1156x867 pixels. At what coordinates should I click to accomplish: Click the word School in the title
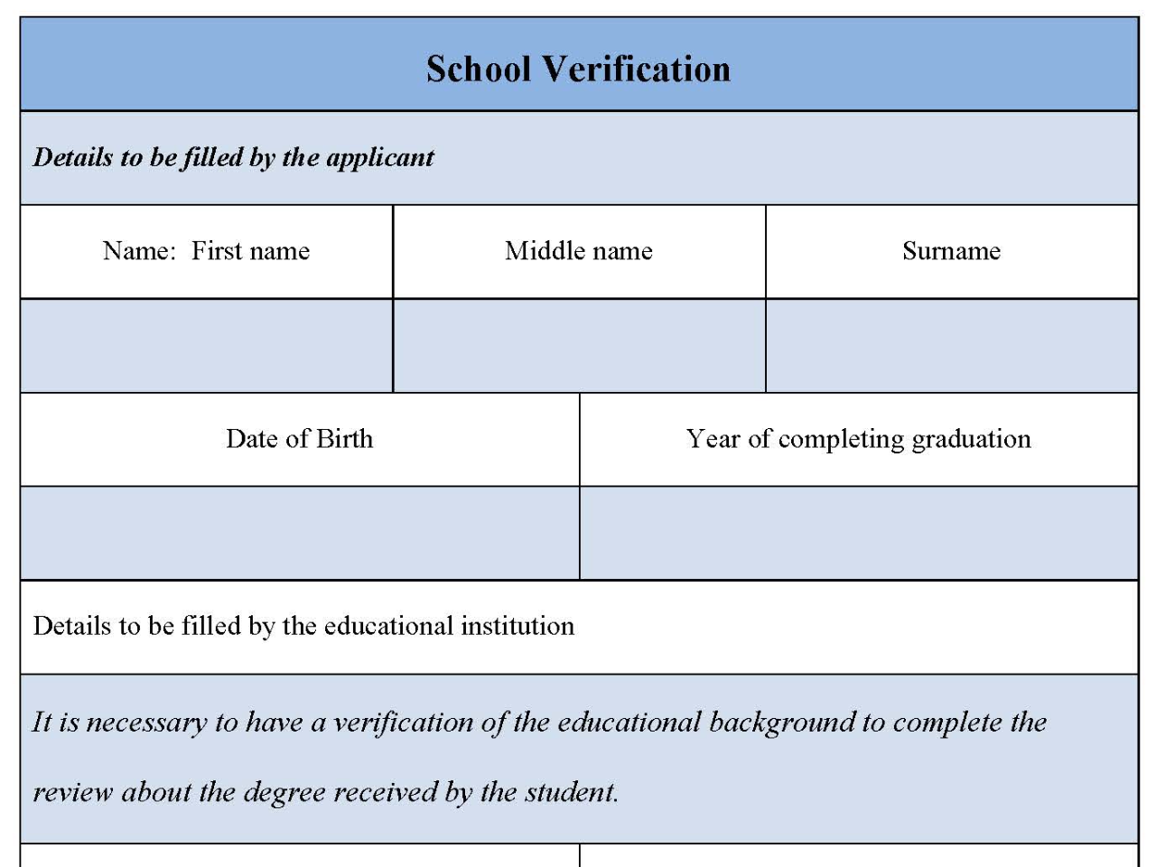tap(478, 70)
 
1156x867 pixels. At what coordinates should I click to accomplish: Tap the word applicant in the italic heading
tap(379, 157)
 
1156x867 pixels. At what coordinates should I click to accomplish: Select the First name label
tap(250, 251)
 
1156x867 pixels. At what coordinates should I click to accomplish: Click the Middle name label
tap(579, 251)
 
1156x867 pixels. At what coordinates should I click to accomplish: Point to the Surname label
tap(951, 251)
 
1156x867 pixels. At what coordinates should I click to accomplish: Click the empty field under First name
tap(207, 345)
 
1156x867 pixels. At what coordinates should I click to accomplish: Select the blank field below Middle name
tap(579, 345)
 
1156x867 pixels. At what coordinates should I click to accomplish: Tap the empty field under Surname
tap(951, 345)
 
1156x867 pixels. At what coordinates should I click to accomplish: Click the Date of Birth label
tap(299, 439)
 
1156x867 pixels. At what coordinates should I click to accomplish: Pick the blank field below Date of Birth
tap(299, 533)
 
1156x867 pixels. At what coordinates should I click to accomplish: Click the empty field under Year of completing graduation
tap(858, 533)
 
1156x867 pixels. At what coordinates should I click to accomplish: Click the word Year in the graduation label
tap(713, 439)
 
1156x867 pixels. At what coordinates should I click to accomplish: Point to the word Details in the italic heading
tap(72, 157)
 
